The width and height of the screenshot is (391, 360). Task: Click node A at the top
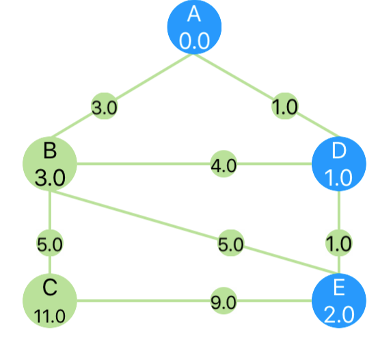pyautogui.click(x=194, y=27)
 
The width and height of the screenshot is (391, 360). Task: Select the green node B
pyautogui.click(x=50, y=164)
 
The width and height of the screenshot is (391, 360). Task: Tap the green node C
pyautogui.click(x=50, y=300)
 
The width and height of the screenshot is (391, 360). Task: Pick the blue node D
pyautogui.click(x=339, y=164)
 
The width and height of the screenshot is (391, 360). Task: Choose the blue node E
pyautogui.click(x=339, y=300)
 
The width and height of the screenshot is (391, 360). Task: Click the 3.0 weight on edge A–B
pyautogui.click(x=105, y=106)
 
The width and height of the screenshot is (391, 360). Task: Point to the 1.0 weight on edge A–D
pyautogui.click(x=285, y=106)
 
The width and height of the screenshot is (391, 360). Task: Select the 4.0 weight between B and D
pyautogui.click(x=224, y=164)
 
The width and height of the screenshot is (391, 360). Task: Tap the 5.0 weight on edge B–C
pyautogui.click(x=50, y=243)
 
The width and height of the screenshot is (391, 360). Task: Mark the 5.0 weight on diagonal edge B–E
pyautogui.click(x=231, y=243)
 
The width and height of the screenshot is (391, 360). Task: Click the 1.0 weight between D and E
pyautogui.click(x=339, y=243)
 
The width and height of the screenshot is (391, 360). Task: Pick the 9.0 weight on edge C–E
pyautogui.click(x=224, y=301)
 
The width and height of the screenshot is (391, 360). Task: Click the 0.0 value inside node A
pyautogui.click(x=194, y=40)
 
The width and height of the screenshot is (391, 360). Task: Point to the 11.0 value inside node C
pyautogui.click(x=50, y=316)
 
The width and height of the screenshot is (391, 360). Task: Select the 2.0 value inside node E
pyautogui.click(x=339, y=314)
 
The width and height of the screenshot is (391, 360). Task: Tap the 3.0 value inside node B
pyautogui.click(x=50, y=178)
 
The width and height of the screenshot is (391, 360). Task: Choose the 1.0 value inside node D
pyautogui.click(x=338, y=178)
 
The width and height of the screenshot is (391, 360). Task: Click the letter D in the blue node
pyautogui.click(x=339, y=151)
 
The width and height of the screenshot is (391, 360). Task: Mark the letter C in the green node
pyautogui.click(x=50, y=287)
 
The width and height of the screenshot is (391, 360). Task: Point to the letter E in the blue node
pyautogui.click(x=339, y=287)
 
